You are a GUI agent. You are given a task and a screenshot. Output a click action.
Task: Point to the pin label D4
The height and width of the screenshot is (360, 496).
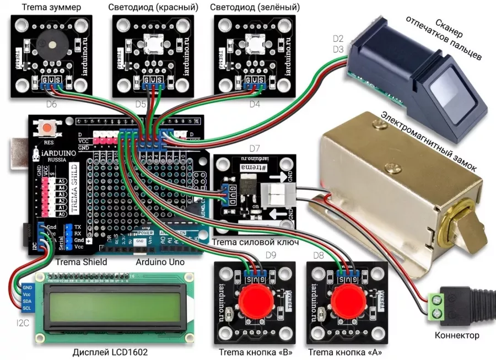(255, 104)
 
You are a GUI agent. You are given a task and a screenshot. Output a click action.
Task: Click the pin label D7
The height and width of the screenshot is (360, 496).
(254, 148)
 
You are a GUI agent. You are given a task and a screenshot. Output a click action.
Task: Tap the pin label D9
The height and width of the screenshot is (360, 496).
(271, 255)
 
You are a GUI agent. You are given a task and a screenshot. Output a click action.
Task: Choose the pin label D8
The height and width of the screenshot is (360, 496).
(318, 255)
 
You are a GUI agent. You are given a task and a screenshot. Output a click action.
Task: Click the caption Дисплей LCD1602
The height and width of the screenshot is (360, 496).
(110, 352)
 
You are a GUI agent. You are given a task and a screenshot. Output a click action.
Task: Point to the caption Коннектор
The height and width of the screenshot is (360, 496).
(457, 335)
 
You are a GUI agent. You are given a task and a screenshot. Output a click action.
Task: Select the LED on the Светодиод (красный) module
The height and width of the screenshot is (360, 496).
(150, 44)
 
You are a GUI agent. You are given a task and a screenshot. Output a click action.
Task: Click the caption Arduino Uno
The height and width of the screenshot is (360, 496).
(160, 262)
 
